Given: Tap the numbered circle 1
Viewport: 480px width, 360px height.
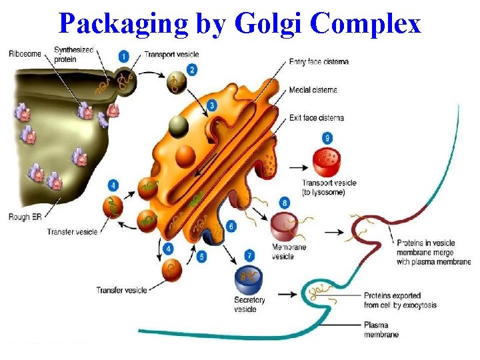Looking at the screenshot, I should point(125,55).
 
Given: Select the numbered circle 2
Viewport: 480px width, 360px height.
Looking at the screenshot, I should point(192,69).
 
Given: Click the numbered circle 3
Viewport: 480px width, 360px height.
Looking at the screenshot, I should point(211,105).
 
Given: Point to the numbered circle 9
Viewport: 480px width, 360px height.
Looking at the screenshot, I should point(327,138).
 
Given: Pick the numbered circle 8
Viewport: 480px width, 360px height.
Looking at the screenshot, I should point(285,202).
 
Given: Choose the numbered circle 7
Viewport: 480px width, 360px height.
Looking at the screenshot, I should point(249,255).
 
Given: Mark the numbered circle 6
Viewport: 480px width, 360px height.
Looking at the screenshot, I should point(231,226).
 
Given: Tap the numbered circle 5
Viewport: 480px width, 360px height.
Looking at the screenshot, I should point(202,256).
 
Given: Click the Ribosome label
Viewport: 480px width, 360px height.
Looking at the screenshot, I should point(24,54).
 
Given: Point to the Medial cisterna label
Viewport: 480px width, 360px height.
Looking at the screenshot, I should point(313,90).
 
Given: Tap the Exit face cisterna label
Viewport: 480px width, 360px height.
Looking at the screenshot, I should point(316,118).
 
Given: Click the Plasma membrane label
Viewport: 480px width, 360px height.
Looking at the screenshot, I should point(381,330).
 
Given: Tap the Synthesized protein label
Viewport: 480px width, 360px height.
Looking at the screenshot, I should point(73,54).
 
